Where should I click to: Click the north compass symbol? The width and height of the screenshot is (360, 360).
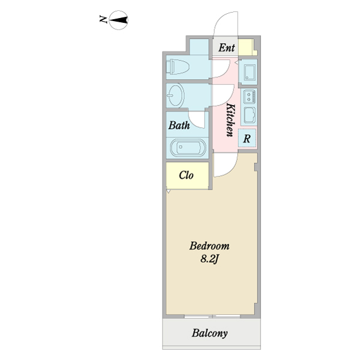[x=118, y=20]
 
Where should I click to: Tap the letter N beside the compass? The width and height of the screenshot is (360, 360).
[x=103, y=19]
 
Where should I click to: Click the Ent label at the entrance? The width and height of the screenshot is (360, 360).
[x=227, y=48]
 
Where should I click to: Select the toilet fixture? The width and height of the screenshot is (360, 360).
[x=178, y=67]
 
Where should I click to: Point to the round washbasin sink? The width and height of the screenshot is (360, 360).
[x=175, y=95]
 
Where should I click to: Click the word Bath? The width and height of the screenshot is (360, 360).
[x=179, y=125]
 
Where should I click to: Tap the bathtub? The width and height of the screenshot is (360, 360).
[x=188, y=148]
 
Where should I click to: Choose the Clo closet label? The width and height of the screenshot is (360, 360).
[x=186, y=175]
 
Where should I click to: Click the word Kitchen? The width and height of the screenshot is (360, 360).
[x=230, y=120]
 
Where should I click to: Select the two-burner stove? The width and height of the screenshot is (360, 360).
[x=250, y=96]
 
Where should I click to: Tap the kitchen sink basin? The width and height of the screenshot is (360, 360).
[x=250, y=115]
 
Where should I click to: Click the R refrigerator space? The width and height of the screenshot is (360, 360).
[x=247, y=139]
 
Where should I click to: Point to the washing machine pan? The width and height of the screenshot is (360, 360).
[x=250, y=72]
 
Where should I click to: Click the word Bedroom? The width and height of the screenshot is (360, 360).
[x=209, y=246]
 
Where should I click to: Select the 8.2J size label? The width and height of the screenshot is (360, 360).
[x=209, y=259]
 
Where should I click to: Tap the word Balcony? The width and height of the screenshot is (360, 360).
[x=210, y=334]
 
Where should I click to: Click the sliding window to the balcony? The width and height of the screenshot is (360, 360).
[x=212, y=316]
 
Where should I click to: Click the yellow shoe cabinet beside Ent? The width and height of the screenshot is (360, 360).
[x=247, y=47]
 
